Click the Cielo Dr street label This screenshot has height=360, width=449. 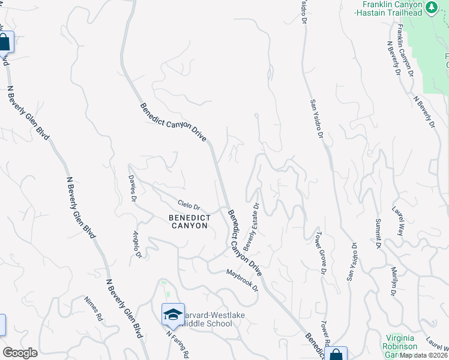tap(188, 205)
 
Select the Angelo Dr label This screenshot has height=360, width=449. tap(137, 245)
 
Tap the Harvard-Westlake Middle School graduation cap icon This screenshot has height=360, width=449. tap(173, 313)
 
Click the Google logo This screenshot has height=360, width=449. tap(20, 353)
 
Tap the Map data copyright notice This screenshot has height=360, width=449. tap(424, 355)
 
